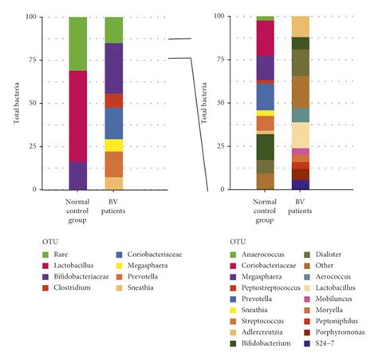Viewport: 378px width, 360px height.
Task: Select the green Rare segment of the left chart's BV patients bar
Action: (114, 30)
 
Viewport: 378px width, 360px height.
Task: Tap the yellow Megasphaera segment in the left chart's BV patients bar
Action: (114, 145)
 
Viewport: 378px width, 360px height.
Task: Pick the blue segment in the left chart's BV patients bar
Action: (114, 123)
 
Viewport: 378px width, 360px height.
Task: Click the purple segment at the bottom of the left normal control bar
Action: (77, 176)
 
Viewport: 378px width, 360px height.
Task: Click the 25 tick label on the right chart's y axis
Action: (233, 147)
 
